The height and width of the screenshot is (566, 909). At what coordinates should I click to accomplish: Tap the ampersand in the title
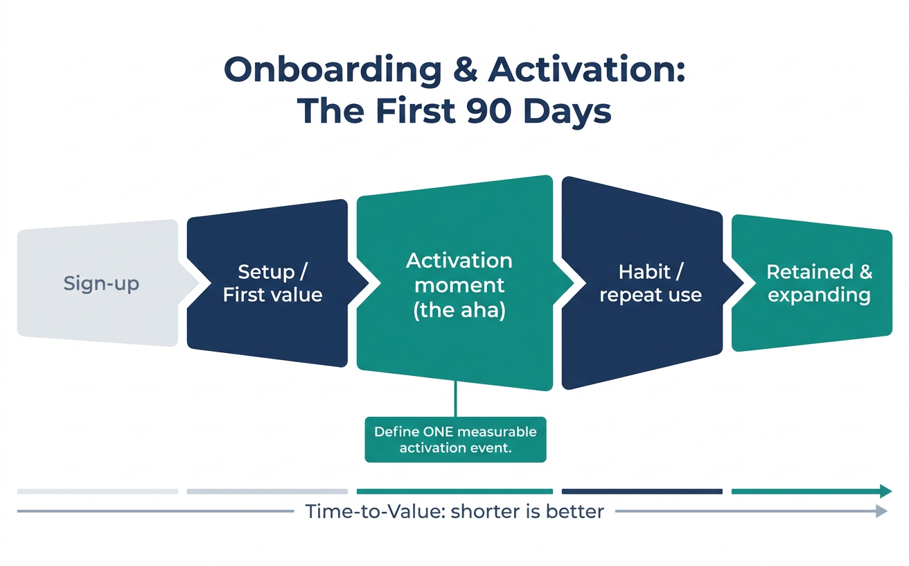click(466, 69)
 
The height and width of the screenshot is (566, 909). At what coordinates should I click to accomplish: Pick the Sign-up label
click(101, 283)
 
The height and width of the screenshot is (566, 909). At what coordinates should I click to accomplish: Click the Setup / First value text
click(273, 283)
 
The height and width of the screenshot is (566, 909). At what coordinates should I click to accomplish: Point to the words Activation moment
click(459, 273)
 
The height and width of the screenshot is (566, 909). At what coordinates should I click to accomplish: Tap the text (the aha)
click(459, 310)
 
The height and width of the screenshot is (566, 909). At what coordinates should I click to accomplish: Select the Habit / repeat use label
click(651, 283)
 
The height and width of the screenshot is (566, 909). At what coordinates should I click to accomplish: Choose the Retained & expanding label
click(820, 283)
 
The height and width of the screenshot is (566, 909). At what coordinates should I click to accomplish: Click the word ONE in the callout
click(437, 431)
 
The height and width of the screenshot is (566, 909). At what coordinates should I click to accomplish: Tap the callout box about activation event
click(455, 440)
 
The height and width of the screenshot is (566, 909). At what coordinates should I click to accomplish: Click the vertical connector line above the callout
click(456, 400)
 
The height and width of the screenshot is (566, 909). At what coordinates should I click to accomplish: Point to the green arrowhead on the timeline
click(885, 491)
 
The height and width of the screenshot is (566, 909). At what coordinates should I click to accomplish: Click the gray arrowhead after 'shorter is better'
click(881, 511)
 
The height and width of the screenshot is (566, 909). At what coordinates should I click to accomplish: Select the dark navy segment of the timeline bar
click(642, 491)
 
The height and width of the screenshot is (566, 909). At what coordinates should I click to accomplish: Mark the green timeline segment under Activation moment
click(454, 491)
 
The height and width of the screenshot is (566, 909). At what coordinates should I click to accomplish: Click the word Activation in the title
click(586, 69)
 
